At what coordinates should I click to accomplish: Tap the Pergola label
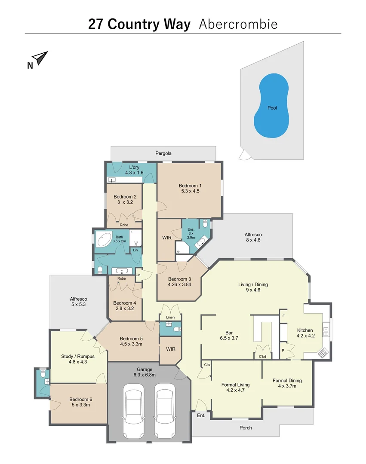[163, 153]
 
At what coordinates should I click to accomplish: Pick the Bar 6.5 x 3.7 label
[229, 335]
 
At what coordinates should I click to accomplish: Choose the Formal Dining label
[287, 383]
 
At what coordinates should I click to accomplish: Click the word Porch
[246, 427]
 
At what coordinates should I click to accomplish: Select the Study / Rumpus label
[78, 359]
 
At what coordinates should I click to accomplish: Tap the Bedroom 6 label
[80, 402]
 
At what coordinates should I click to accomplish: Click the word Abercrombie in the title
[238, 24]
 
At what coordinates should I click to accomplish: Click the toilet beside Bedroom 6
[42, 374]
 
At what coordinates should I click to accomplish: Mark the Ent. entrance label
[201, 415]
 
